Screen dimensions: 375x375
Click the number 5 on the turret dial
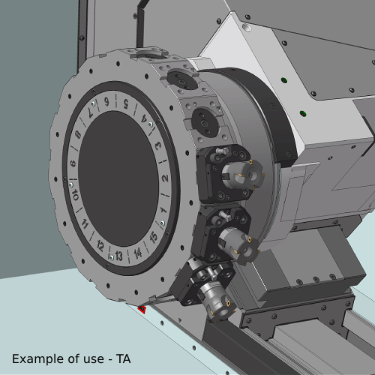coord(126,103)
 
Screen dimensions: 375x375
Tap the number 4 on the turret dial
coord(144,118)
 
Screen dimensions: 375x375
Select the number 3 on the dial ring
coord(158,145)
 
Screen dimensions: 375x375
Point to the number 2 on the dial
coord(165,178)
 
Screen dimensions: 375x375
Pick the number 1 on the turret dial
coord(163,211)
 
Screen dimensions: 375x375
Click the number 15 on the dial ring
coord(154,237)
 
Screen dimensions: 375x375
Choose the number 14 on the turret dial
coord(138,253)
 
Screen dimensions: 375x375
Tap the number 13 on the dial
coord(118,256)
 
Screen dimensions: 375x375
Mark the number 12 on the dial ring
coord(100,246)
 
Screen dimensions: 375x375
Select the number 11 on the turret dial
coord(85,223)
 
